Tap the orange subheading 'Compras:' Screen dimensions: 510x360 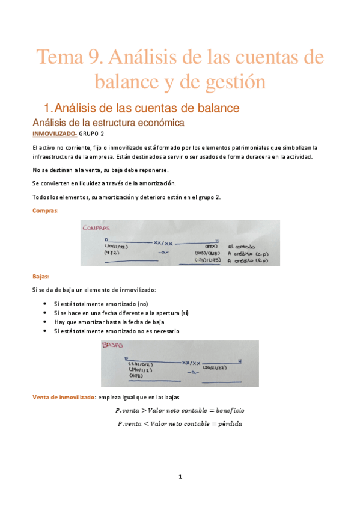click(x=45, y=210)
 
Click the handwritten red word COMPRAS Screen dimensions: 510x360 click(x=99, y=228)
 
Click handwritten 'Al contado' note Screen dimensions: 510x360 click(x=243, y=246)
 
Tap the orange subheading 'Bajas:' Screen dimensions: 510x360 click(x=41, y=277)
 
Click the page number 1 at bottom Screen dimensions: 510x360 click(x=180, y=476)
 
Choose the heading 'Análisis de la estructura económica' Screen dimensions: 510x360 click(x=108, y=122)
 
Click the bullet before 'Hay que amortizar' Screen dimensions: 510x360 click(x=46, y=322)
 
